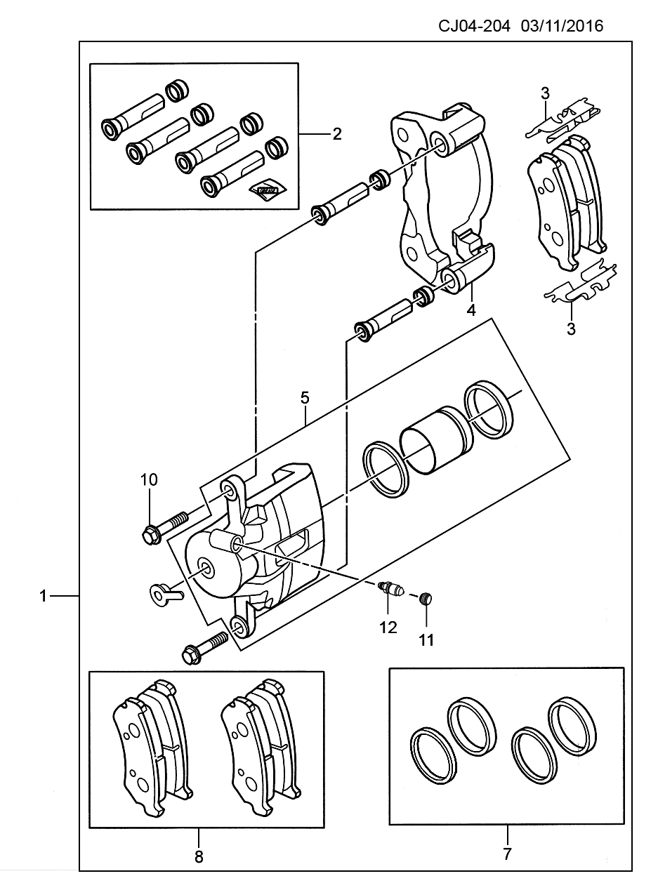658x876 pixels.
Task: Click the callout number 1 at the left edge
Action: pyautogui.click(x=43, y=596)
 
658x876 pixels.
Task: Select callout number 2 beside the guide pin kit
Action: pyautogui.click(x=337, y=134)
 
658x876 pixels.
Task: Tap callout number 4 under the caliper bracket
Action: pyautogui.click(x=471, y=310)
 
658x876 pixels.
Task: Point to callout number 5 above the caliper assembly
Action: pyautogui.click(x=305, y=398)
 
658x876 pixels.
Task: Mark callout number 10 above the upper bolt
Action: pyautogui.click(x=149, y=479)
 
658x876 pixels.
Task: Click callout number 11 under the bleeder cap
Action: pyautogui.click(x=426, y=640)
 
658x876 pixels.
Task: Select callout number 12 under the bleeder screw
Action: pyautogui.click(x=388, y=628)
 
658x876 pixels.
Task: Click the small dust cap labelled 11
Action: pyautogui.click(x=427, y=598)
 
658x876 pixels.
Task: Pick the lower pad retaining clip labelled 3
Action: pyautogui.click(x=581, y=284)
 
